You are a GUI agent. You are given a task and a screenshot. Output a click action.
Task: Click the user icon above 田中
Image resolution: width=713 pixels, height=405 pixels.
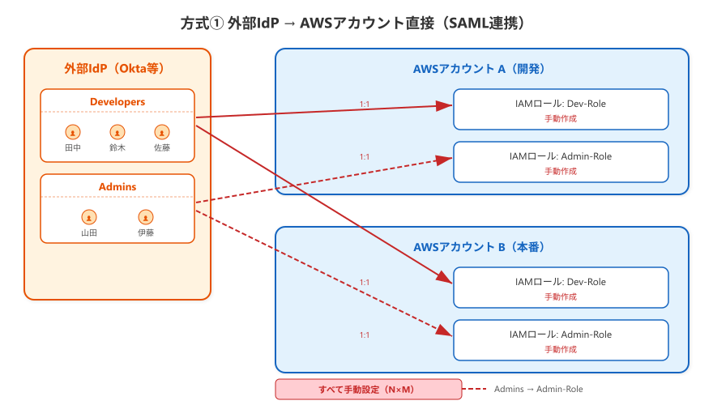73,132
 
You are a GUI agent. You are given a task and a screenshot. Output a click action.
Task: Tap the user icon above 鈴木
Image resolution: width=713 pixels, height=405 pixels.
117,132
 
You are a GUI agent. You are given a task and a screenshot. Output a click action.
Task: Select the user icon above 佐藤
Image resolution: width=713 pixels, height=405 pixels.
162,132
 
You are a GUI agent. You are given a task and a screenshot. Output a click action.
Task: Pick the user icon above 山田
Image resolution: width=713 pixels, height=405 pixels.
89,217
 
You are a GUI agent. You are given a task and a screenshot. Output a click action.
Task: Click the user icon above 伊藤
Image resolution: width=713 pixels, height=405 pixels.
146,217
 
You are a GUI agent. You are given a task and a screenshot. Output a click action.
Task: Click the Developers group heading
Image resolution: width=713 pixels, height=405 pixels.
117,102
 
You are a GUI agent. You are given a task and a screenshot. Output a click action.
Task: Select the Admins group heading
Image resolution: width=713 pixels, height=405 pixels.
117,187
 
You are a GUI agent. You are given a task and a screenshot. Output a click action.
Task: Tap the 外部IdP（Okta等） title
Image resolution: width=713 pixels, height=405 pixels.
114,69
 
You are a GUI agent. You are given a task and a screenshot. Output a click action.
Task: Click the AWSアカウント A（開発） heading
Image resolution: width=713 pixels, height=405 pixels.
480,69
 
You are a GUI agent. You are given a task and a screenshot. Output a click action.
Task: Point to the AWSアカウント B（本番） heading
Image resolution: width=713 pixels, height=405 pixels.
480,247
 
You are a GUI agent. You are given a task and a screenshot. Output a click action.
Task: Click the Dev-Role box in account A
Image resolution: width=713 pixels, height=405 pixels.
561,109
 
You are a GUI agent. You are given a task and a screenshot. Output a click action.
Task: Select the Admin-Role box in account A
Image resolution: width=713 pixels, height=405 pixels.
561,162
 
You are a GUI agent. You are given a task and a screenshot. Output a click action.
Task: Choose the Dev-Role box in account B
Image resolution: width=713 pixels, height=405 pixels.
561,288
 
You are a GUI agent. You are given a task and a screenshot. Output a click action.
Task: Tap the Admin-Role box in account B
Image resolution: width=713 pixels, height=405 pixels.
561,340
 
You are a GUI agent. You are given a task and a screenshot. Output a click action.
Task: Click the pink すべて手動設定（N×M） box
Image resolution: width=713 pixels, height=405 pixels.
369,390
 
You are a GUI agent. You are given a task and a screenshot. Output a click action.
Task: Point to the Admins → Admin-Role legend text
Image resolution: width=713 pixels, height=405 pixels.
538,389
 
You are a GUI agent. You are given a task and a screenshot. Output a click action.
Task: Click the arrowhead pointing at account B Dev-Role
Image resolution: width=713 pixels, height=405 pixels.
445,277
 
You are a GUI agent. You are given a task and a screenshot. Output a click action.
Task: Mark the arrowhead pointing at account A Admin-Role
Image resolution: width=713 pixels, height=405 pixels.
444,160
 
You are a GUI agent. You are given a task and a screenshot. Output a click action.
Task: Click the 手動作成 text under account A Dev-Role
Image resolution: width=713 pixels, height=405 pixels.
561,118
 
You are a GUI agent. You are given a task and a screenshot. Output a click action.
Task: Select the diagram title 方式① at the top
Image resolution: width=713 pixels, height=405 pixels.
202,23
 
